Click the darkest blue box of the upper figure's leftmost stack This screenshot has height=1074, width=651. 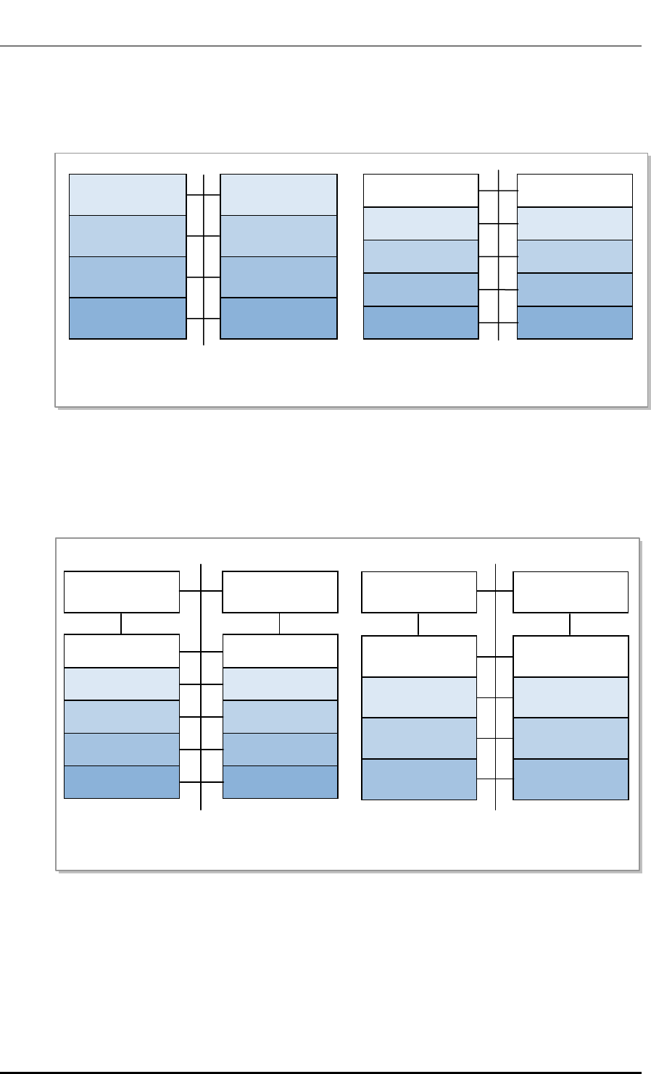(127, 318)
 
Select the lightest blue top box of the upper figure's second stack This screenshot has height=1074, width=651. (278, 194)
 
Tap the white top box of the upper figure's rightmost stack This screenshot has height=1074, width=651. (575, 190)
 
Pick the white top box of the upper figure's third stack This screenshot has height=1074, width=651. (420, 190)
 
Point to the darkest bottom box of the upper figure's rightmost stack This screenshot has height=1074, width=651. (575, 323)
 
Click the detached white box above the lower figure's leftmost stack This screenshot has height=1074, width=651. (122, 592)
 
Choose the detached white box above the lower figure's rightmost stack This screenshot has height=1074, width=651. (571, 592)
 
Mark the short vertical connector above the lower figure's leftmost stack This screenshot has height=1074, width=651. (122, 624)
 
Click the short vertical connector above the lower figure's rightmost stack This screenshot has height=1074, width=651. (571, 624)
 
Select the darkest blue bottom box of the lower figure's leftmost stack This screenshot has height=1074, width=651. (122, 782)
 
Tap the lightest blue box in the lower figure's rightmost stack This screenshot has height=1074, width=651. (571, 697)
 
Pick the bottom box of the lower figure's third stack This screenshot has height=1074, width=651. (419, 779)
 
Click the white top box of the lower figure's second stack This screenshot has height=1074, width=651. (280, 651)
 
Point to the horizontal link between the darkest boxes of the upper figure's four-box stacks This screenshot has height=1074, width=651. (204, 319)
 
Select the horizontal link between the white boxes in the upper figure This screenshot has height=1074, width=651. (498, 190)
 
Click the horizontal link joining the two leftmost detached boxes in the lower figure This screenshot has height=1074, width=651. (201, 592)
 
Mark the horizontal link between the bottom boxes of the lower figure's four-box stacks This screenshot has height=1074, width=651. (495, 779)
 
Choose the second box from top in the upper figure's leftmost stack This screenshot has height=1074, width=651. (127, 235)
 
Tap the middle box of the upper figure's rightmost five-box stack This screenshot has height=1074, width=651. (575, 256)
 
